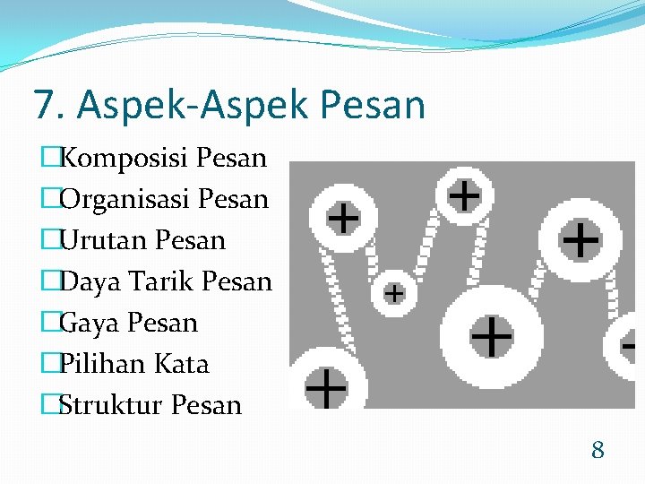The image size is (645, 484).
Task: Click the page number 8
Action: (598, 450)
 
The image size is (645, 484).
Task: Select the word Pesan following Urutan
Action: (190, 241)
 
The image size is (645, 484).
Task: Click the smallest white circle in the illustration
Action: (393, 292)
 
